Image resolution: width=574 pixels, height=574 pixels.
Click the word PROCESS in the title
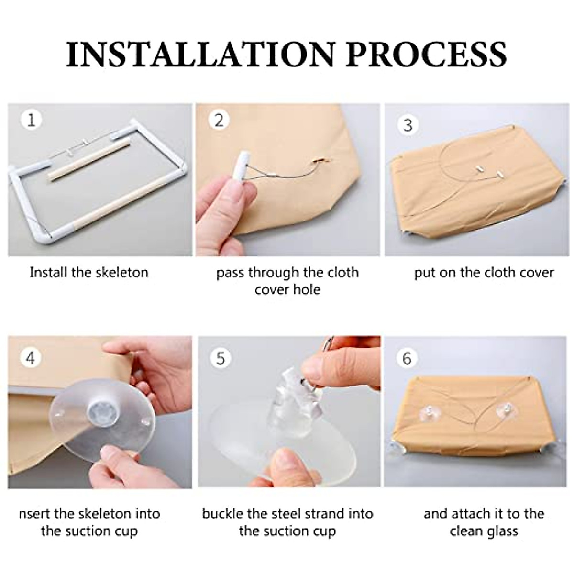tap(426, 55)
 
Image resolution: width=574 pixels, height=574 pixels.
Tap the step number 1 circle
tap(31, 120)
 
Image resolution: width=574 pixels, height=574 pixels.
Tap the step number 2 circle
tap(219, 121)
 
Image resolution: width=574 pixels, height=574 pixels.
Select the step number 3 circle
tap(408, 125)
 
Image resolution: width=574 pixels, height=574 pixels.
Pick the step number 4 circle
tap(31, 358)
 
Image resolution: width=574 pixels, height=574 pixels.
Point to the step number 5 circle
tap(221, 358)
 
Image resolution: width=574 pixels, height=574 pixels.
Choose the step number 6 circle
tap(407, 358)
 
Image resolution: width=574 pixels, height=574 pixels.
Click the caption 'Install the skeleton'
tap(89, 273)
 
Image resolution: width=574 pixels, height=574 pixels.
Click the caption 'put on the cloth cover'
tap(484, 273)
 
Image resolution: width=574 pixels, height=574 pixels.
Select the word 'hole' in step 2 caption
tap(307, 289)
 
